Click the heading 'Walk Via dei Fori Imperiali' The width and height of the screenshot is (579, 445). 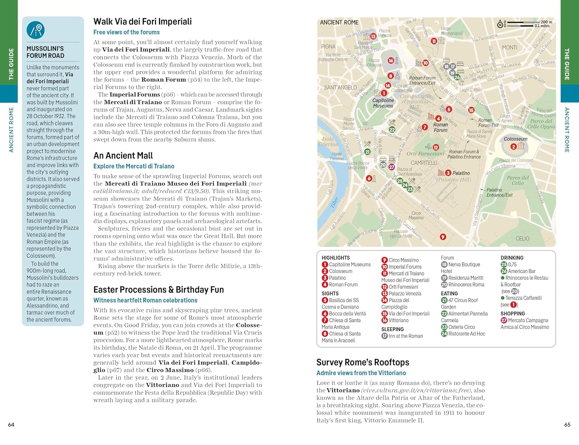(x=142, y=22)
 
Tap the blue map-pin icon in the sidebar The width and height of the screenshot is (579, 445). (x=36, y=30)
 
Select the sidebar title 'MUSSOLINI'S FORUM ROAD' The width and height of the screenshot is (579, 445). (x=45, y=52)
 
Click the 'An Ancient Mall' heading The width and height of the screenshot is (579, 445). (x=123, y=156)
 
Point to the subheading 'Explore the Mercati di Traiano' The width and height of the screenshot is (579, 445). (x=134, y=166)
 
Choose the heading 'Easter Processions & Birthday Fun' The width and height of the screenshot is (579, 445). (x=159, y=290)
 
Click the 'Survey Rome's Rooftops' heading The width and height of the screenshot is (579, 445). (x=362, y=362)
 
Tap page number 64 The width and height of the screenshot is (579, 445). (x=11, y=425)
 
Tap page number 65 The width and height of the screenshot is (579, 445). (x=567, y=425)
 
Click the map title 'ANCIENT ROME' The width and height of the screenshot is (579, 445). (x=339, y=23)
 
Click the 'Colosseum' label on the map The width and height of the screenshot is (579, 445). (x=515, y=139)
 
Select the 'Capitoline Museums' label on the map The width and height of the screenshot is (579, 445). (x=383, y=103)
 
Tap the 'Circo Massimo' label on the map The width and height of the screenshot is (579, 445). (x=416, y=215)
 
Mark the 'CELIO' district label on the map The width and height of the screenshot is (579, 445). (x=522, y=239)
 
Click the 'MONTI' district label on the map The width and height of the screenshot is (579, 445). (x=509, y=47)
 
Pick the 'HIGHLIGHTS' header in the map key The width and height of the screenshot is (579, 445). (x=335, y=258)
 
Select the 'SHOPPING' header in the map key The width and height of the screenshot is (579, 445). (x=513, y=314)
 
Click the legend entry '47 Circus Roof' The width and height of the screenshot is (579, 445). (x=462, y=300)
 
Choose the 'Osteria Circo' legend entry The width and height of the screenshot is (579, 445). (x=461, y=327)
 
